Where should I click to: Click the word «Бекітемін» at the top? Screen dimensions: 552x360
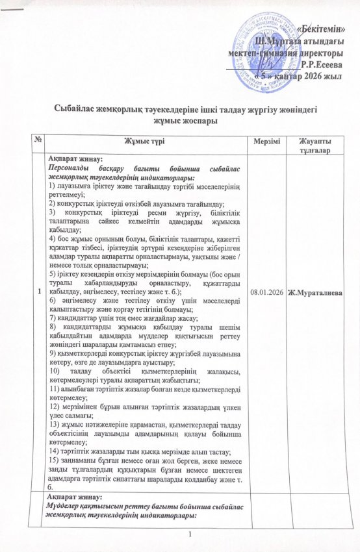click(x=325, y=30)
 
